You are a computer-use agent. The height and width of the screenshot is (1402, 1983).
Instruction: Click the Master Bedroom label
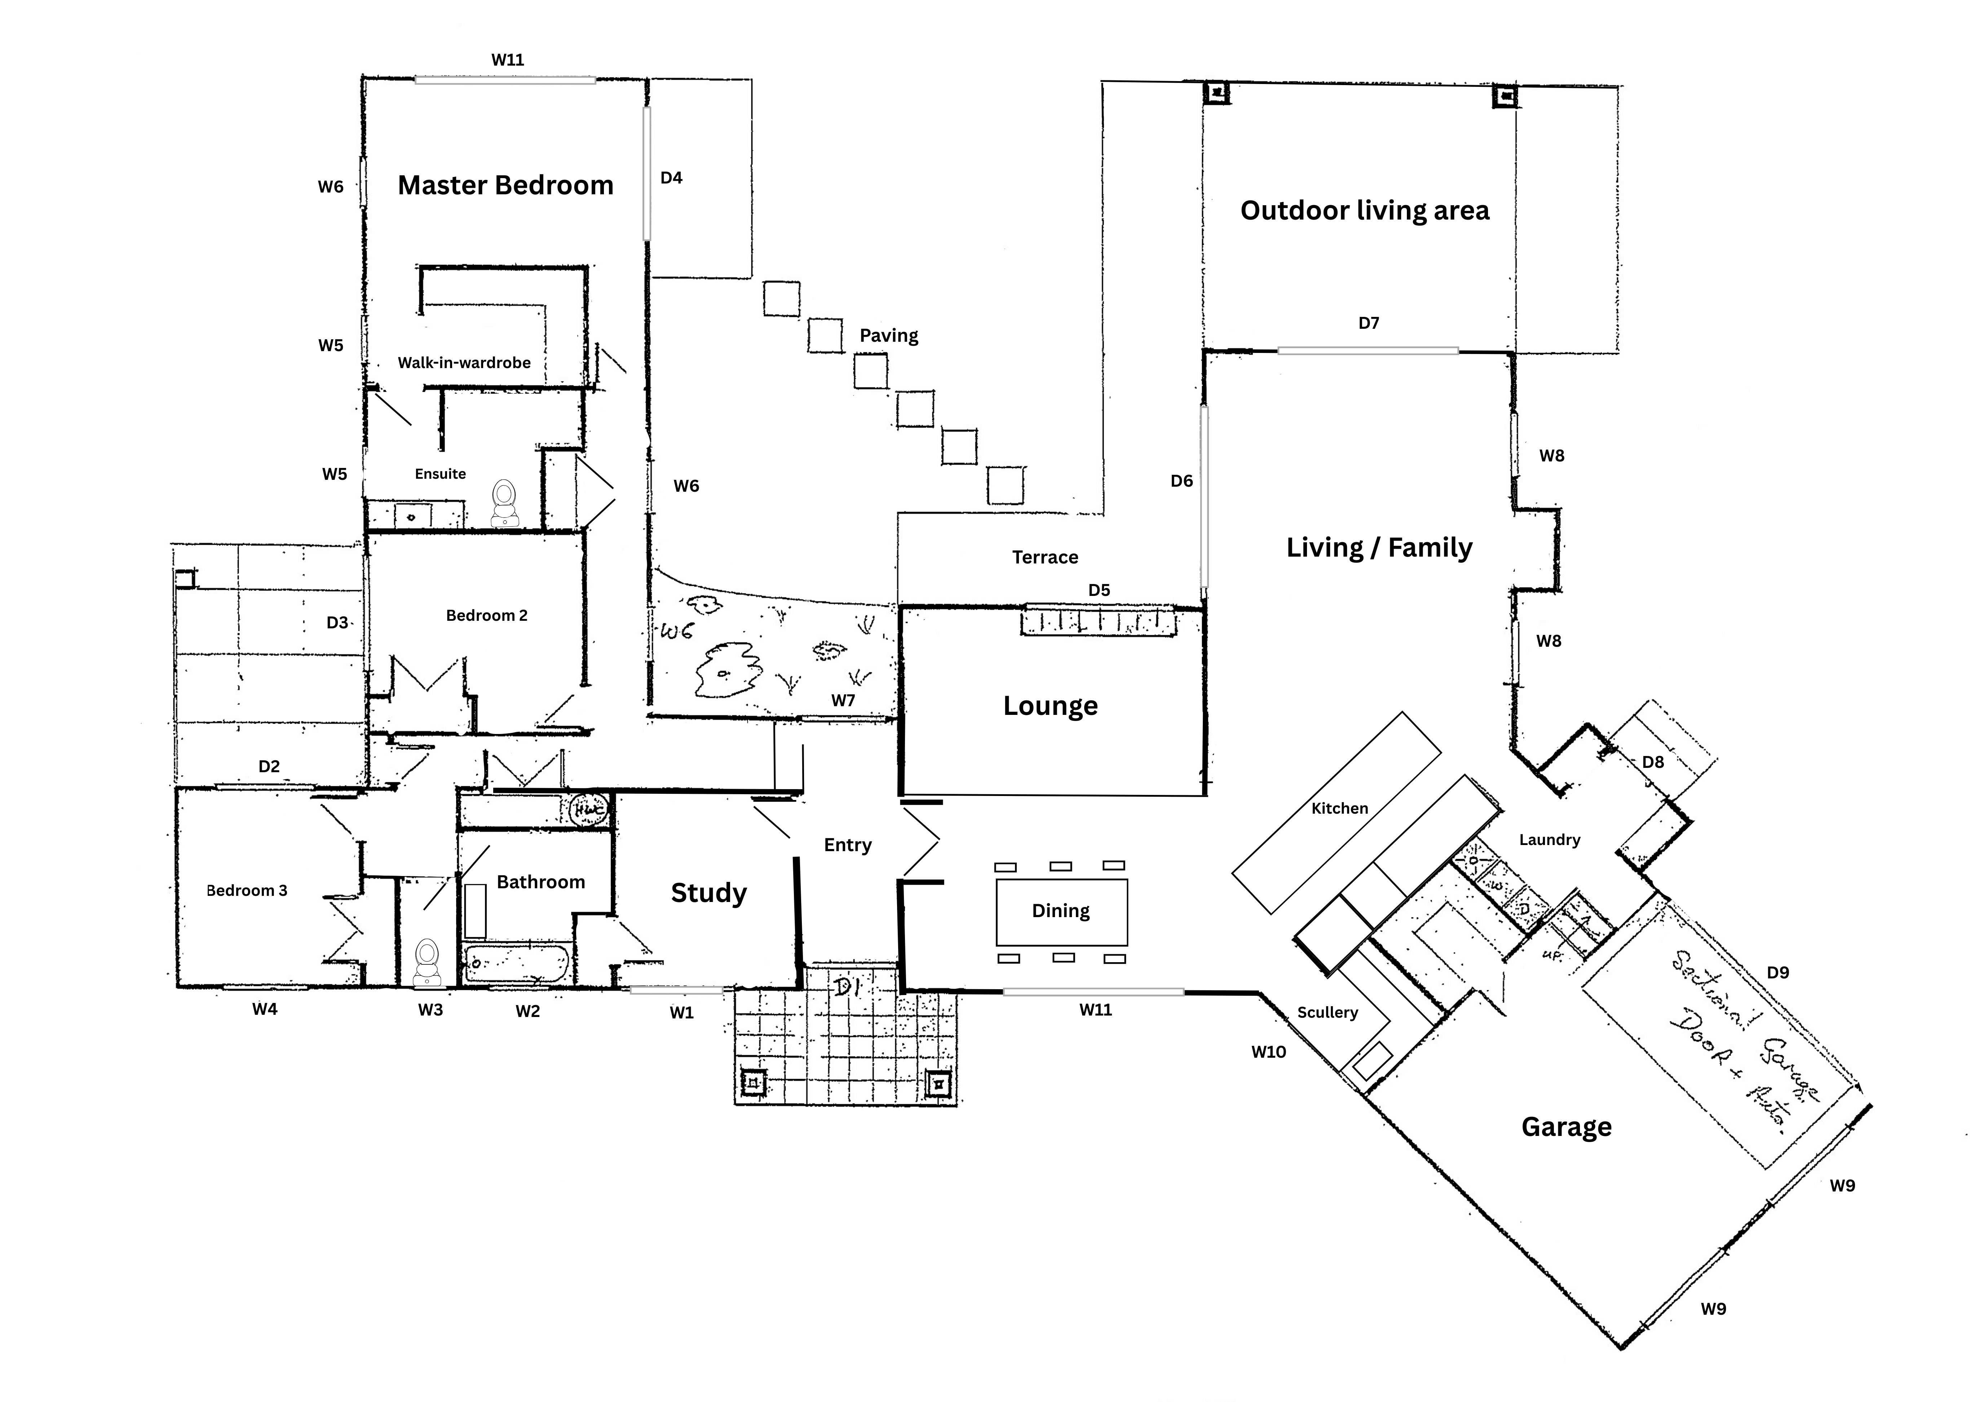505,185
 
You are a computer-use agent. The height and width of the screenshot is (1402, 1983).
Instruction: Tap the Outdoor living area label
1365,210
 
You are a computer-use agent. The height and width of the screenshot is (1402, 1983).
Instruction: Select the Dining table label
1061,911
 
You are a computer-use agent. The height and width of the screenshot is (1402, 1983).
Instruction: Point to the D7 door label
1369,323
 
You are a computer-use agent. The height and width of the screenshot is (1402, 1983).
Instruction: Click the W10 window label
1269,1051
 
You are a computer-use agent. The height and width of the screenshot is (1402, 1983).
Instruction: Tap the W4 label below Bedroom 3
264,1008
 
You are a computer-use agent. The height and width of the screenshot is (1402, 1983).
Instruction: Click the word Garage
1566,1127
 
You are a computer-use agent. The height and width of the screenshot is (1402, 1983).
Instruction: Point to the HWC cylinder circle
591,809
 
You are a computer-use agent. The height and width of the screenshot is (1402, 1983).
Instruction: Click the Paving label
889,335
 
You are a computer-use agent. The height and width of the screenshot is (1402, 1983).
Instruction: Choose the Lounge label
1050,706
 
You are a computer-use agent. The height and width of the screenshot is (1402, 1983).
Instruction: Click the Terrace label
1045,557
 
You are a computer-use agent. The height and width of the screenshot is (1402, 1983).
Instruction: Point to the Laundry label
1549,840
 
